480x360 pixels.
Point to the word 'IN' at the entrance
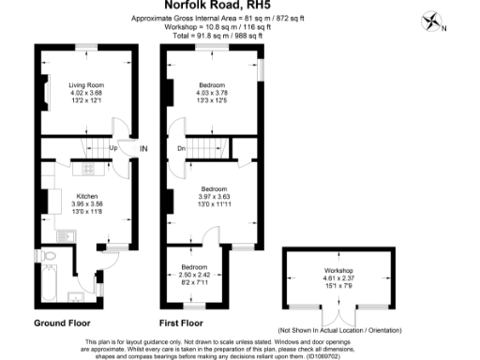point(143,148)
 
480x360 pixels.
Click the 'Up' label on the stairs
point(113,148)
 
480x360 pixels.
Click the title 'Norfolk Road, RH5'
point(240,5)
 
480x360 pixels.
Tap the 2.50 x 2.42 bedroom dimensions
point(195,274)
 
